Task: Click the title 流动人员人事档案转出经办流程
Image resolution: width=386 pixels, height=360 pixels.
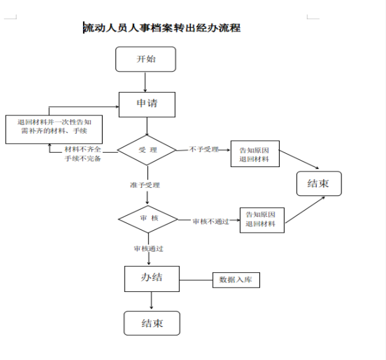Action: pos(162,28)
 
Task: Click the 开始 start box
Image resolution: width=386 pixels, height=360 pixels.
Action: pos(145,59)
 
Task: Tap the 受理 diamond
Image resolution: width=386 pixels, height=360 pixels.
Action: pos(147,150)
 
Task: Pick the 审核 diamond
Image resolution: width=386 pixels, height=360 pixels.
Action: pos(147,219)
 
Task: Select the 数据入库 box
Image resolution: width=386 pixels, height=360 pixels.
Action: pos(235,280)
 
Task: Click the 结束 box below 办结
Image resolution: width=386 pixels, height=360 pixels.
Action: pos(152,323)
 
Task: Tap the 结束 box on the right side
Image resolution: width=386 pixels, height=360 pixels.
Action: pos(319,183)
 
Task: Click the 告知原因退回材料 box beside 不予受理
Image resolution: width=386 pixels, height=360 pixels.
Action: pos(254,154)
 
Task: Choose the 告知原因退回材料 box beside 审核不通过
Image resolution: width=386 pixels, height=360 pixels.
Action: pos(262,219)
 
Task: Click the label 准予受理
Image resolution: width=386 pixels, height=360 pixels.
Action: pos(145,185)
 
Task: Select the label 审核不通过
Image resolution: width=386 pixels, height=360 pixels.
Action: pos(210,221)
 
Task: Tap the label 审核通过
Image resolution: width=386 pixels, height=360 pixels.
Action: pos(149,248)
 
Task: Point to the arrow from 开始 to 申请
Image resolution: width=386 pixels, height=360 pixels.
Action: pos(145,81)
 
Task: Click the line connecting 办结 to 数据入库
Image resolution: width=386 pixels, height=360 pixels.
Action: pos(195,280)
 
